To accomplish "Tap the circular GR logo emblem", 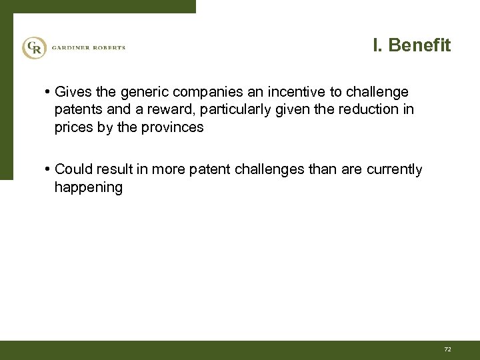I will (x=33, y=47).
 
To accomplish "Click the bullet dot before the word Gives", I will (x=49, y=91).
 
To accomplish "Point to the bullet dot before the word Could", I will (x=49, y=170).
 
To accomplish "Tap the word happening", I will (x=88, y=188).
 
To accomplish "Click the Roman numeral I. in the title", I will (x=377, y=45).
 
